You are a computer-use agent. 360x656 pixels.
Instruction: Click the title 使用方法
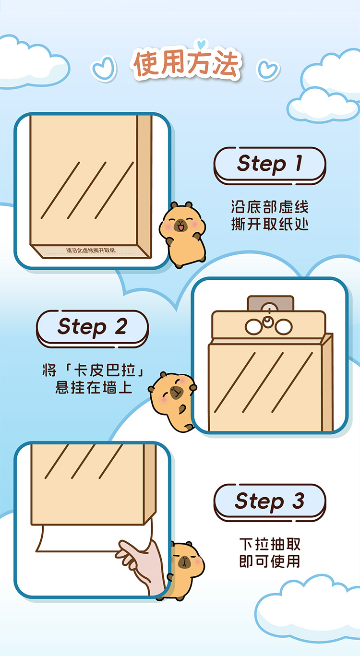click(x=187, y=64)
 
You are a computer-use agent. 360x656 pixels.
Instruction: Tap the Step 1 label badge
click(x=269, y=164)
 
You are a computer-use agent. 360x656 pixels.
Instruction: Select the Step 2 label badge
click(x=92, y=327)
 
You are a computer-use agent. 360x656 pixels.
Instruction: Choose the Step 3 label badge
click(x=269, y=501)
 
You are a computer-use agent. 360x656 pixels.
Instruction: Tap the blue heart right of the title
click(x=268, y=69)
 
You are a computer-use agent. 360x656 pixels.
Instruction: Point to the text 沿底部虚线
click(x=269, y=208)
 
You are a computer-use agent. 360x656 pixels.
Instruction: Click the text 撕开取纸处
click(x=269, y=224)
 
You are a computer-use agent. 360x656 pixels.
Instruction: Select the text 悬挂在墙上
click(x=93, y=387)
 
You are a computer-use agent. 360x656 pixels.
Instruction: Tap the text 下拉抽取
click(x=270, y=545)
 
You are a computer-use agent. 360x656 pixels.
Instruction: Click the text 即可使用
click(x=270, y=561)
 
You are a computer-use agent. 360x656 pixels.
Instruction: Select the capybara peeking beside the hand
click(x=182, y=569)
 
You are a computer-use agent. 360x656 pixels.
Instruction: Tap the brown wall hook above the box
click(x=270, y=304)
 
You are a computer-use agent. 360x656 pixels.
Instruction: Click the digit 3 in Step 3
click(x=298, y=501)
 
